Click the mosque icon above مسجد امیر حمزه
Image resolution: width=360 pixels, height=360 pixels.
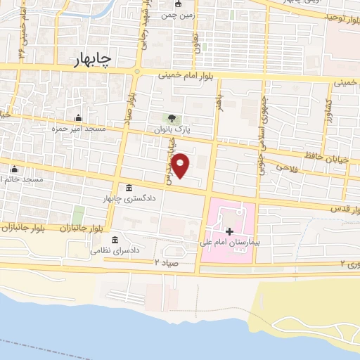(x=78, y=117)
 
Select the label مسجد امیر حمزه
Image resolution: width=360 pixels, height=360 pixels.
(x=75, y=129)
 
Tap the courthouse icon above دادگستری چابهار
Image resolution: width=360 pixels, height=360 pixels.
(x=129, y=188)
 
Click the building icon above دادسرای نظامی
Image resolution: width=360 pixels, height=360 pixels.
(x=127, y=240)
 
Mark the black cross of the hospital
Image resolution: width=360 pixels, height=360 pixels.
(x=229, y=230)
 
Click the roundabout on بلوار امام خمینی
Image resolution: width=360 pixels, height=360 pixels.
(x=138, y=71)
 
